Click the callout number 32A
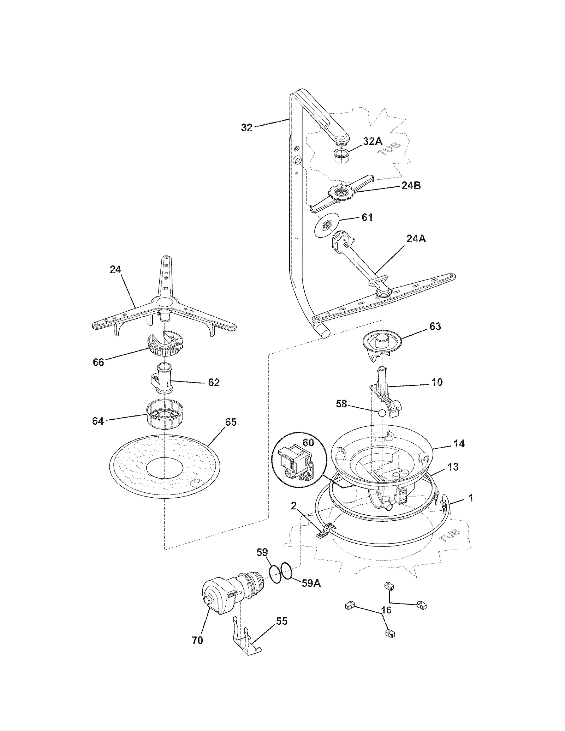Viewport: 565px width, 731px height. point(373,141)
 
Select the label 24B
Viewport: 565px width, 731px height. point(411,186)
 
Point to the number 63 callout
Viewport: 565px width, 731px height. point(435,326)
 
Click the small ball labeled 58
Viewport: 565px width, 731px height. point(381,413)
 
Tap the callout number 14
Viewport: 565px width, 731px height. point(459,444)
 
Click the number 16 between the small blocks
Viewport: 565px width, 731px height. point(386,610)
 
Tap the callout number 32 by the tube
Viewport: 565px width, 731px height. point(247,128)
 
